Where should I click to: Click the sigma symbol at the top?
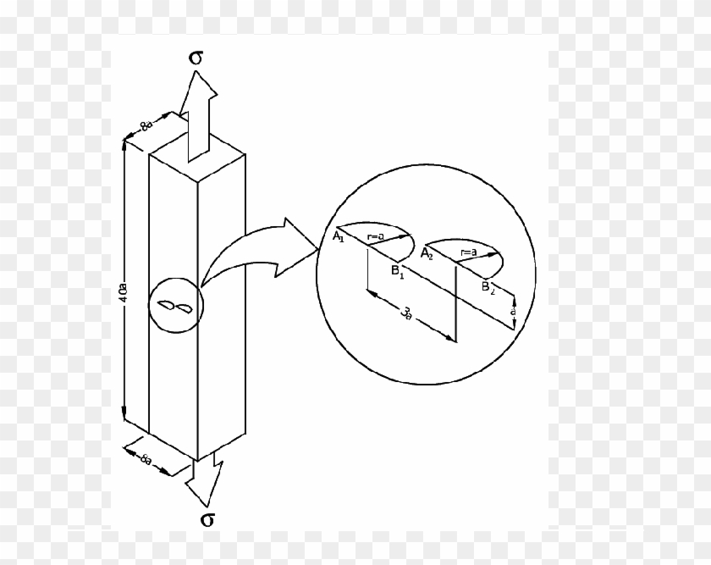click(196, 58)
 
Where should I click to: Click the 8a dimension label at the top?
click(146, 127)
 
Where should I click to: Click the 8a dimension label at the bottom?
click(146, 458)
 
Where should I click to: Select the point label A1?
click(338, 238)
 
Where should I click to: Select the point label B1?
click(397, 274)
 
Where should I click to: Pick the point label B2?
click(488, 288)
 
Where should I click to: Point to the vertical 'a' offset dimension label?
click(514, 312)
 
